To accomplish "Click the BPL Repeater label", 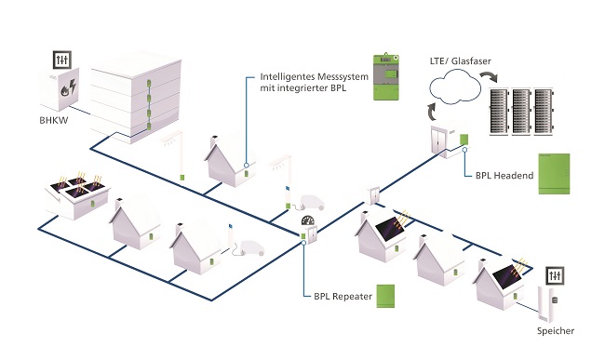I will click(341, 295).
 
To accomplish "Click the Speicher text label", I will click(556, 332).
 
